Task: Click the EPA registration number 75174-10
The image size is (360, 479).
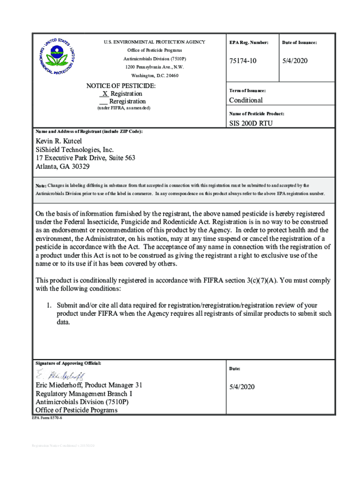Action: coord(243,62)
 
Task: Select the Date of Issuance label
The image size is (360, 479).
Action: coord(299,43)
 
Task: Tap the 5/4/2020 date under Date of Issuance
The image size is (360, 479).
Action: coord(295,62)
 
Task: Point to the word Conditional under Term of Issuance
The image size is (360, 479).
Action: coord(245,100)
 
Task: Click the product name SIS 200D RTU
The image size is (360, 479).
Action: coord(251,123)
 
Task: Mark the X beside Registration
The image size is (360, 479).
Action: coord(105,94)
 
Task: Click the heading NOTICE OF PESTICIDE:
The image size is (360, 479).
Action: coord(121,86)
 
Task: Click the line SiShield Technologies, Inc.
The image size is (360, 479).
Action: coord(75,150)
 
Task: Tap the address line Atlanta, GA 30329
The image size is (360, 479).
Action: coord(63,166)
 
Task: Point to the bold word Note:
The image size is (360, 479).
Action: coord(41,186)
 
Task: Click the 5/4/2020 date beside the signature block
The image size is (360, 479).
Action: coord(242,387)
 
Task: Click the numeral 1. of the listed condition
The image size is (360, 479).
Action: coord(48,305)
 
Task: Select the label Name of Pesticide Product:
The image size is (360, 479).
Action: coord(256,114)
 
